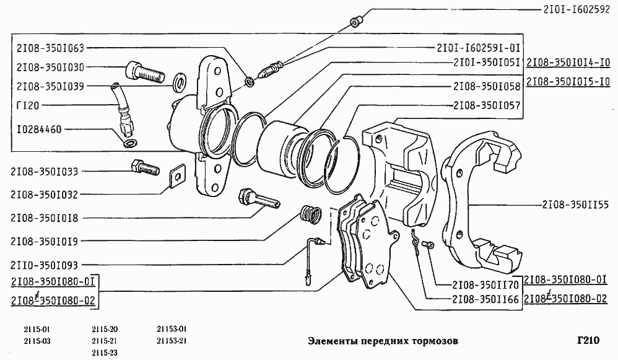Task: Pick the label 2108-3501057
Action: pos(486,106)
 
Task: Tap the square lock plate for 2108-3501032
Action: pos(178,177)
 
